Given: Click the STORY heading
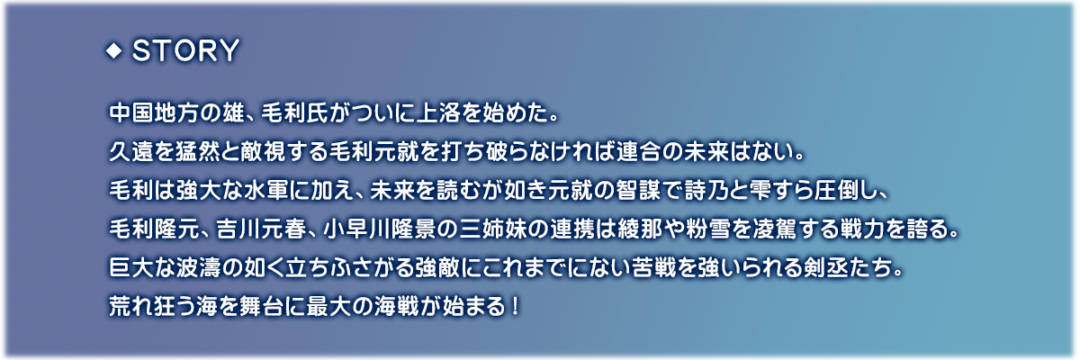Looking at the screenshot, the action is [185, 50].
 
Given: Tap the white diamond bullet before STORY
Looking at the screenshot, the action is [113, 50].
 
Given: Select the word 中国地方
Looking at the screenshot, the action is [153, 113].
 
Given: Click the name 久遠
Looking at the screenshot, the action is [131, 152].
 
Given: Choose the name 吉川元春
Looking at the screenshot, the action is [261, 229].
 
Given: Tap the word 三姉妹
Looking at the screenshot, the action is [493, 229].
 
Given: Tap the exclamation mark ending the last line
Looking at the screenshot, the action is [515, 307].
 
